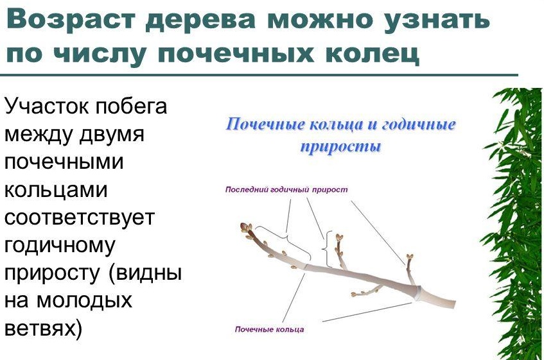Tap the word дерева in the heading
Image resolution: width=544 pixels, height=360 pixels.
click(200, 20)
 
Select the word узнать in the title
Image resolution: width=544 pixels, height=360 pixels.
click(437, 20)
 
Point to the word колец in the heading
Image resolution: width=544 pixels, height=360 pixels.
click(372, 54)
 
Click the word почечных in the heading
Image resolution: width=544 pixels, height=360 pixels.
click(236, 54)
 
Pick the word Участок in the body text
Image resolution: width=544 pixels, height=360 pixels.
click(47, 107)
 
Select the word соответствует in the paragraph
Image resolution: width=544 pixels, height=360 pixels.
click(79, 218)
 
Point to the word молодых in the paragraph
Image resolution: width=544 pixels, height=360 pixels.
click(84, 301)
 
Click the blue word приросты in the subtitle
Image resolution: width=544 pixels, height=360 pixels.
click(340, 147)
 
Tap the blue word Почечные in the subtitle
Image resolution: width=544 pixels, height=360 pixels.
click(265, 124)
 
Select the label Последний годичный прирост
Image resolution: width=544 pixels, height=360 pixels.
click(286, 189)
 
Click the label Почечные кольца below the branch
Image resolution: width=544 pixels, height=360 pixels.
click(269, 329)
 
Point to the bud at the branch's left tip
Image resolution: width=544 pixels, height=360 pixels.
click(246, 227)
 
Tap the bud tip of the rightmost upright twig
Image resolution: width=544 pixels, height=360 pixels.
click(410, 257)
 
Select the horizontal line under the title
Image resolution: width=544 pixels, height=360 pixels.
click(259, 75)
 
